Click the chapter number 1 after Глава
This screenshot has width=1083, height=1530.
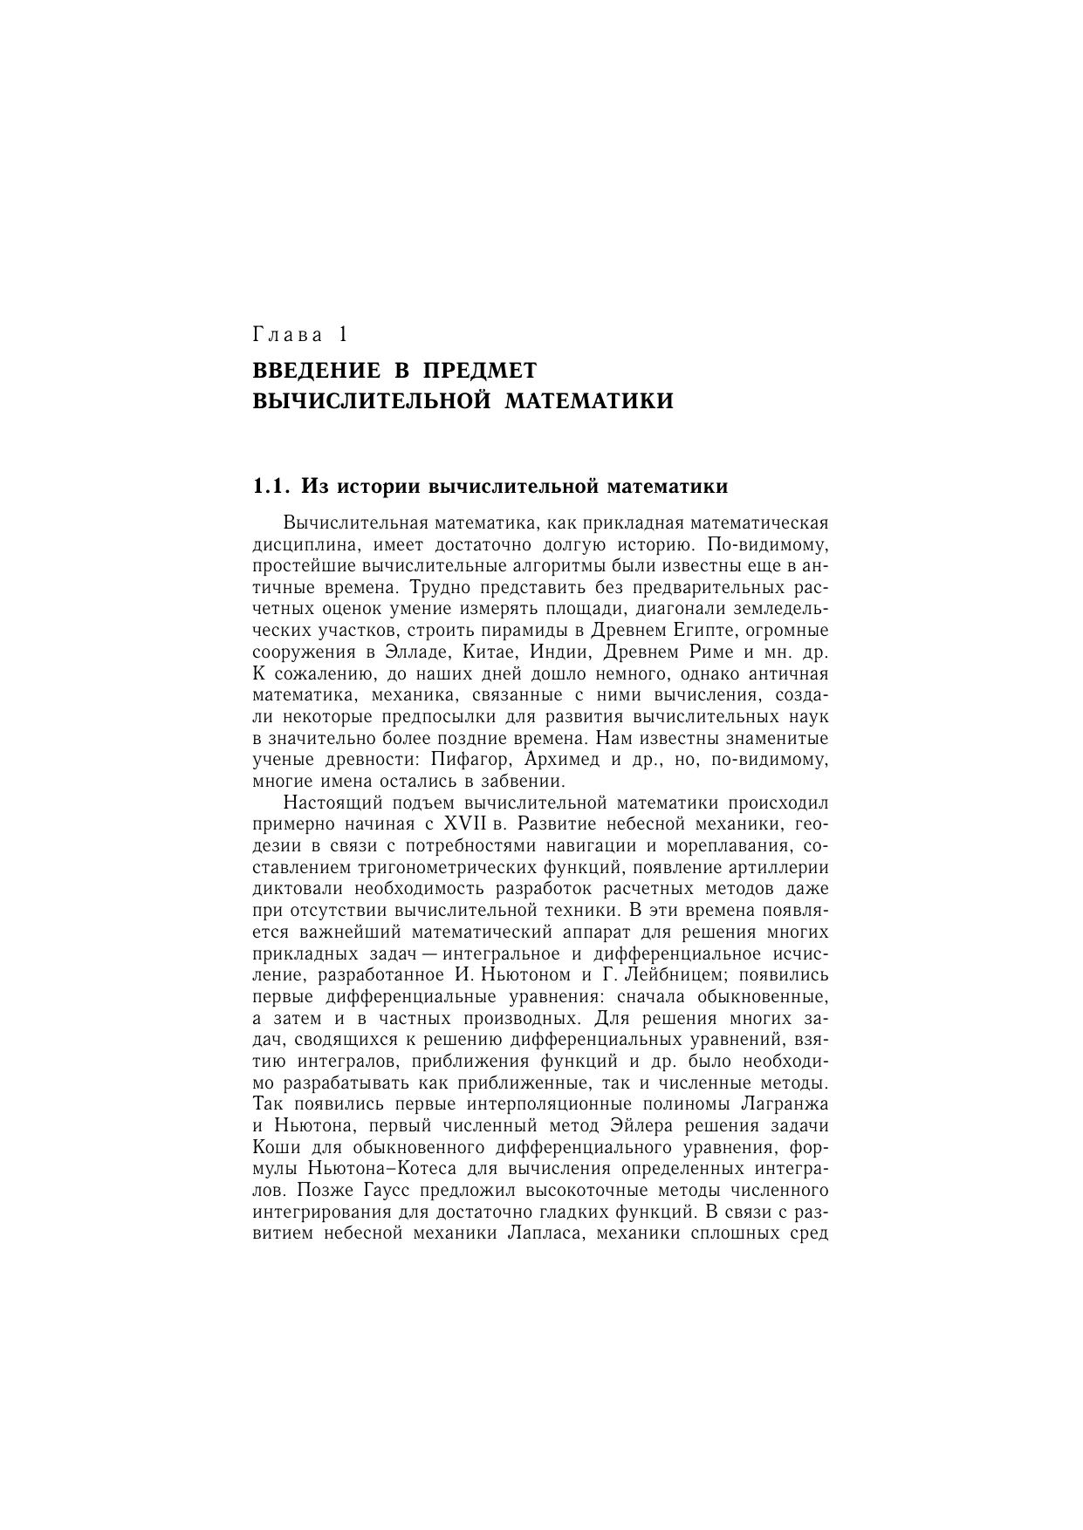(x=343, y=335)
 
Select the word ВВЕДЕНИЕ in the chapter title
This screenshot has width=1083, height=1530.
(x=317, y=371)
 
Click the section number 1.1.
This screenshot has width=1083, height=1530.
(x=271, y=486)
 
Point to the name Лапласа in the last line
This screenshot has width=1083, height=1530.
(x=545, y=1233)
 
